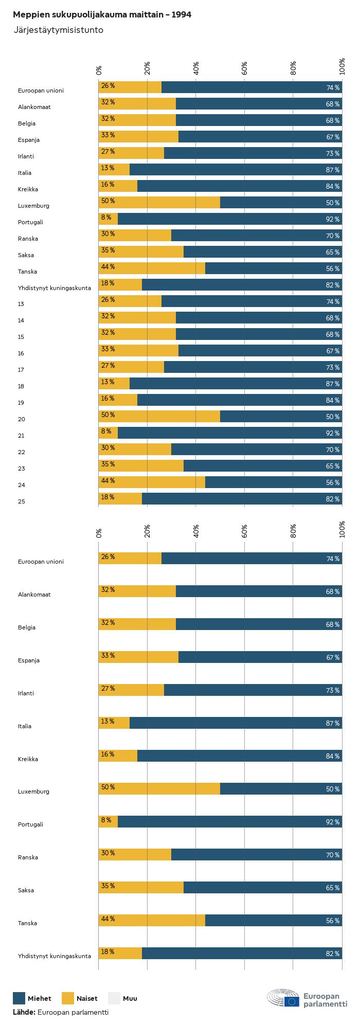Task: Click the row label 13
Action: pos(21,304)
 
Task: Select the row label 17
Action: pos(21,370)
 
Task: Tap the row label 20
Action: pos(21,419)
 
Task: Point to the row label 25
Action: pos(21,501)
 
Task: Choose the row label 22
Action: pos(21,452)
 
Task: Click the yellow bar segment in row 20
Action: pos(159,417)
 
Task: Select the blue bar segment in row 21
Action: pos(230,433)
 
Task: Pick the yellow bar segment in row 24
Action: pos(152,482)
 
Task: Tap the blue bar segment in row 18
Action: pos(236,384)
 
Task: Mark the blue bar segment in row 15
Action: pos(259,334)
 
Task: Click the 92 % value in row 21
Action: pos(333,434)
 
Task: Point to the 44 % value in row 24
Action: pos(108,481)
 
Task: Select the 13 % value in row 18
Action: pos(108,382)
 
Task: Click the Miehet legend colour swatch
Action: pos(19,998)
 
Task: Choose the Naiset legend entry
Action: pos(86,998)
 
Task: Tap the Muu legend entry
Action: pos(130,998)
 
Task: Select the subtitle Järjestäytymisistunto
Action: pos(58,30)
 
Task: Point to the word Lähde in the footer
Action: pos(24,1012)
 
